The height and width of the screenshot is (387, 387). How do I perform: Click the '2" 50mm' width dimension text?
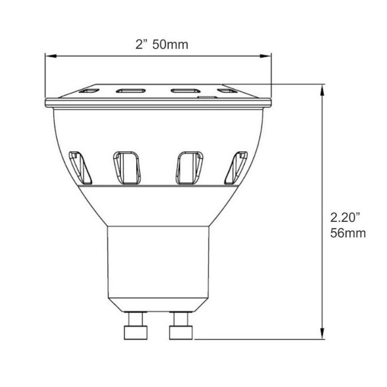coord(162,44)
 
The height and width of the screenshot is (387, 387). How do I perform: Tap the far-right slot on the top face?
coord(225,91)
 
